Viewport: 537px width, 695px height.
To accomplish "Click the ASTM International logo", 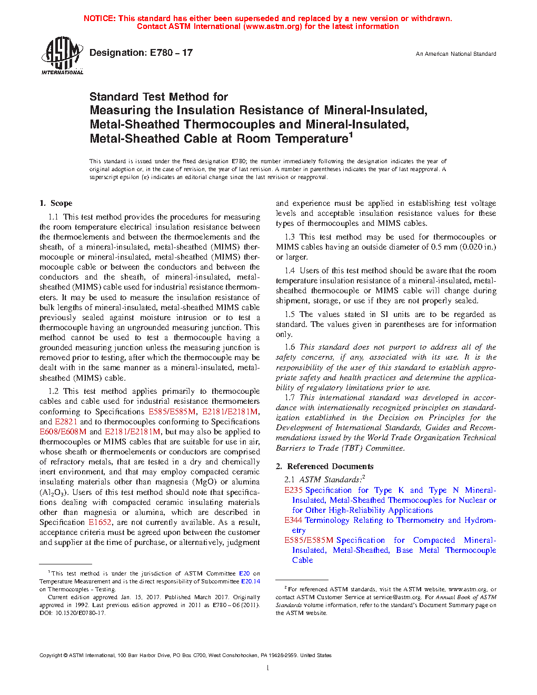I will pos(62,55).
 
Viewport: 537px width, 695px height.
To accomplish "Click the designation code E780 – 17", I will pos(171,53).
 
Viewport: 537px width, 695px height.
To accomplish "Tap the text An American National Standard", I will pos(455,54).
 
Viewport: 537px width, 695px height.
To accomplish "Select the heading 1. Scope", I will pos(56,203).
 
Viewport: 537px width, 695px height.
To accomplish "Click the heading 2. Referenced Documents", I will pos(324,466).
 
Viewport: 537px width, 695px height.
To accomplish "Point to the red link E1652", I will pos(100,522).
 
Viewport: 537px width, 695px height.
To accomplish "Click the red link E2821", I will pos(66,422).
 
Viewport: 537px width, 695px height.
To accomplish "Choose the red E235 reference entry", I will pos(293,490).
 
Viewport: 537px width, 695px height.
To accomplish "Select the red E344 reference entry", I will pos(293,520).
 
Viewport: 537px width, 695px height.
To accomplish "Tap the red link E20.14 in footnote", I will pos(250,582).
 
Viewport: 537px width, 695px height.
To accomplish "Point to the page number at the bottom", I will pos(268,668).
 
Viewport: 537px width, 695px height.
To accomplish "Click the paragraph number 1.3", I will pos(290,237).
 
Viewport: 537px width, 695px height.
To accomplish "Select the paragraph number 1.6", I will pos(290,347).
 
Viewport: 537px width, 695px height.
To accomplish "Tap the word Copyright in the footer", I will pos(51,656).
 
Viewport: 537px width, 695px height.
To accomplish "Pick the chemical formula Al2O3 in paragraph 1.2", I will pos(53,492).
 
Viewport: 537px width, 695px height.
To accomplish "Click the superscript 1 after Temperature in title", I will pos(351,135).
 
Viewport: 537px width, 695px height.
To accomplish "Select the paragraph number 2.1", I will pos(290,480).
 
